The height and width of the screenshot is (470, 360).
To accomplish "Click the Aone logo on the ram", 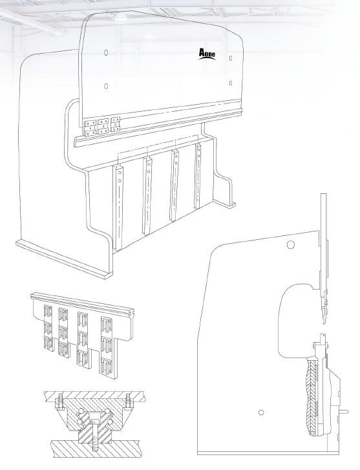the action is tap(207, 54).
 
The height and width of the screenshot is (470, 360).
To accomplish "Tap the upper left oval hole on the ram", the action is tap(106, 52).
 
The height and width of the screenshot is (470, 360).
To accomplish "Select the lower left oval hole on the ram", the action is tap(106, 86).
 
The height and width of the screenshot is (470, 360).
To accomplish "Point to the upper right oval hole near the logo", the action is tap(231, 58).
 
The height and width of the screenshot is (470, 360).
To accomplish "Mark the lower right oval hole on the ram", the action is tap(231, 83).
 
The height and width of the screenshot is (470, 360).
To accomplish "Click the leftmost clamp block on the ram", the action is tap(89, 129).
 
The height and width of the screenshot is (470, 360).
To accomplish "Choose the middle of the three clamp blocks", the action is tap(103, 126).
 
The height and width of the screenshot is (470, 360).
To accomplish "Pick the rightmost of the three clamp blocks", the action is tap(116, 124).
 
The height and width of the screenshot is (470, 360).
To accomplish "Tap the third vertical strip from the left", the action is tap(175, 186).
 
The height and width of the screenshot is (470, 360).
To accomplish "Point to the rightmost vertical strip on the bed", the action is tap(197, 176).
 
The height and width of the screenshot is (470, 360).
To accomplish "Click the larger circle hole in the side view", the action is tap(290, 245).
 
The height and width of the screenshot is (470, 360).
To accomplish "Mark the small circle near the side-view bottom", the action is tap(261, 412).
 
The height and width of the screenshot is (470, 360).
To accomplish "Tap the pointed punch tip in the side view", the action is tap(324, 321).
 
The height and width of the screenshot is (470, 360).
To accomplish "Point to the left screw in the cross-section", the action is tap(59, 400).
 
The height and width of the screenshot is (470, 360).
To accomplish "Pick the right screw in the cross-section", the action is tap(129, 400).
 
